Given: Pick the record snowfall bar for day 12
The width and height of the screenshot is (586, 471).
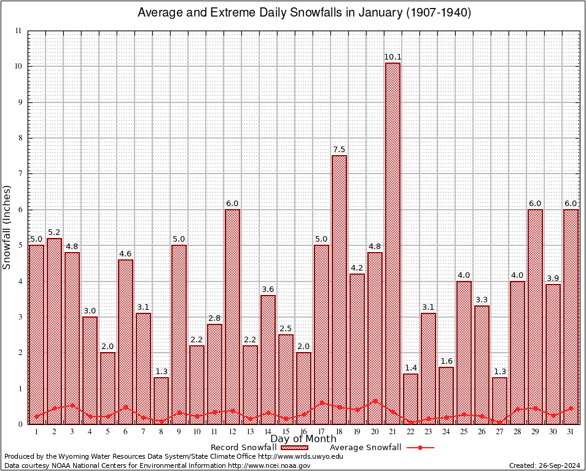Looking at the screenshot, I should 232,316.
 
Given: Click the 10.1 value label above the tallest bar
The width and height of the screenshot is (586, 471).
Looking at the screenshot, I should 393,57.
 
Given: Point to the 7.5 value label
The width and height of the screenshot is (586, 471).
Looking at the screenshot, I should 339,150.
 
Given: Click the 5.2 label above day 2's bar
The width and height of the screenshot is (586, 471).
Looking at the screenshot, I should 54,232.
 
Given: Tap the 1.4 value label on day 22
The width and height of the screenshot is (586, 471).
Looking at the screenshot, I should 410,368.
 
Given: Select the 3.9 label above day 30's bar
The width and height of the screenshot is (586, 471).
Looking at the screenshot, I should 553,278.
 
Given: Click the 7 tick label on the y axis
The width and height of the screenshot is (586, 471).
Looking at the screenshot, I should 20,174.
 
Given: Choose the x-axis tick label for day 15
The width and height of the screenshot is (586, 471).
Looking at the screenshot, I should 286,432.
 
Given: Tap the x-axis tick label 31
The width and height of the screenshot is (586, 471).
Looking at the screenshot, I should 571,432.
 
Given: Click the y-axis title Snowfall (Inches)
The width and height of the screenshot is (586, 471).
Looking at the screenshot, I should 7,228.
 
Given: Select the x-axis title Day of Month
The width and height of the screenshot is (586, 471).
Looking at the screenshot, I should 303,439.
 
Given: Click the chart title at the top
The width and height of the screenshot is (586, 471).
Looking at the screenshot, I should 304,13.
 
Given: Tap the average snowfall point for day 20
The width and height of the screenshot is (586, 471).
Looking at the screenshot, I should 375,401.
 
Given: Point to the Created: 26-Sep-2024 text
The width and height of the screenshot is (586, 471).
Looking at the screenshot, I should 544,465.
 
